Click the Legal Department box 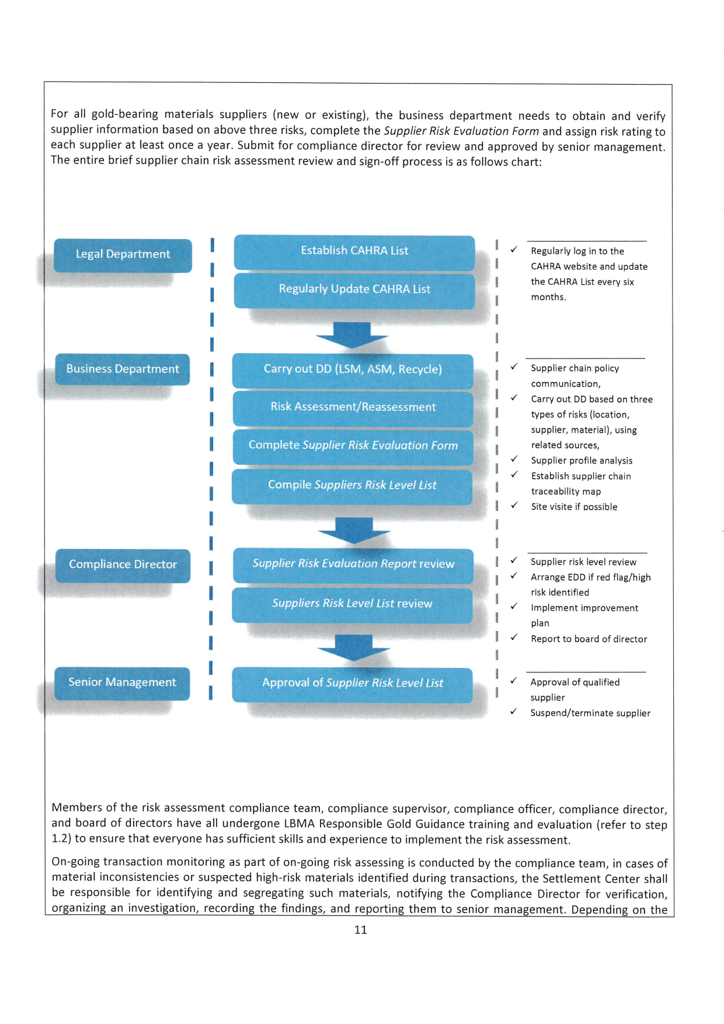coord(123,255)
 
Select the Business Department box coord(123,369)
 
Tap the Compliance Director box coord(123,565)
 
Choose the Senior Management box coord(122,682)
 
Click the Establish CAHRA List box coord(354,251)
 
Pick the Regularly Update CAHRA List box coord(354,290)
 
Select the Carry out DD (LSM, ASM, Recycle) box coord(353,370)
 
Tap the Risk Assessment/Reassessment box coord(353,407)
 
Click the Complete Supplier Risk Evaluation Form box coord(353,445)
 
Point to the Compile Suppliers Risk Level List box coord(352,485)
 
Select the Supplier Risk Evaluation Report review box coord(353,564)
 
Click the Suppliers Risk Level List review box coord(352,604)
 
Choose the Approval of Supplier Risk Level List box coord(352,683)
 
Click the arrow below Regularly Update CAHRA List coord(352,335)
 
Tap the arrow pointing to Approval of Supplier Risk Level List coord(354,647)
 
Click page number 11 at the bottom coord(360,930)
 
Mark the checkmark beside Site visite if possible coord(514,506)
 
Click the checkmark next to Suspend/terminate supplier coord(513,712)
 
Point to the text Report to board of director coord(589,639)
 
